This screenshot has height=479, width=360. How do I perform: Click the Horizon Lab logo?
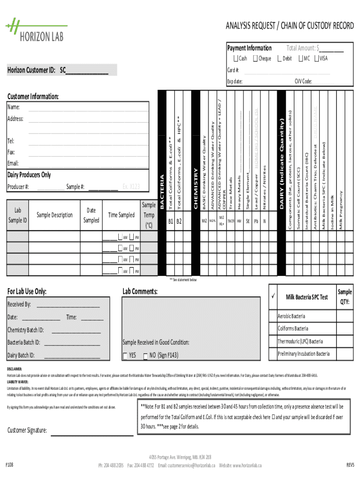pyautogui.click(x=36, y=30)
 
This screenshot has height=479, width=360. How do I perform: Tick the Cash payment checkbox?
pyautogui.click(x=236, y=58)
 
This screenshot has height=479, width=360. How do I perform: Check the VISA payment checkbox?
pyautogui.click(x=317, y=58)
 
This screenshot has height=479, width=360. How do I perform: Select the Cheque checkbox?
pyautogui.click(x=255, y=58)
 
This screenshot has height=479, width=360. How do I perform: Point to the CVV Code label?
pyautogui.click(x=303, y=81)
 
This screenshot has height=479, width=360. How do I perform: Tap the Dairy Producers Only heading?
pyautogui.click(x=29, y=175)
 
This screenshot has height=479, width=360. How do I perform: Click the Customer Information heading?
pyautogui.click(x=33, y=97)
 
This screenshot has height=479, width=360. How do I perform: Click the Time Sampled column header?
pyautogui.click(x=121, y=215)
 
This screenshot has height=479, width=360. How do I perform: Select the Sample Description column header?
pyautogui.click(x=55, y=215)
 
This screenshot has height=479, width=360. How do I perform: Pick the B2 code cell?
pyautogui.click(x=179, y=220)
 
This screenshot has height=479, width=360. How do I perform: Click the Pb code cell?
pyautogui.click(x=256, y=220)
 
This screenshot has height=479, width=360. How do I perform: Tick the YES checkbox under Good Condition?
pyautogui.click(x=124, y=356)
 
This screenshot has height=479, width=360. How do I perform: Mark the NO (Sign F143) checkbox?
pyautogui.click(x=146, y=356)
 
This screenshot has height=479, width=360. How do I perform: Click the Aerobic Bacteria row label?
pyautogui.click(x=291, y=316)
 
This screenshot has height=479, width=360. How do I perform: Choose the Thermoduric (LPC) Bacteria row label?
pyautogui.click(x=300, y=341)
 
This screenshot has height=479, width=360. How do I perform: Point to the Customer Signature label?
pyautogui.click(x=27, y=430)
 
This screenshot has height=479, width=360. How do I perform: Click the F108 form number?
pyautogui.click(x=9, y=464)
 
